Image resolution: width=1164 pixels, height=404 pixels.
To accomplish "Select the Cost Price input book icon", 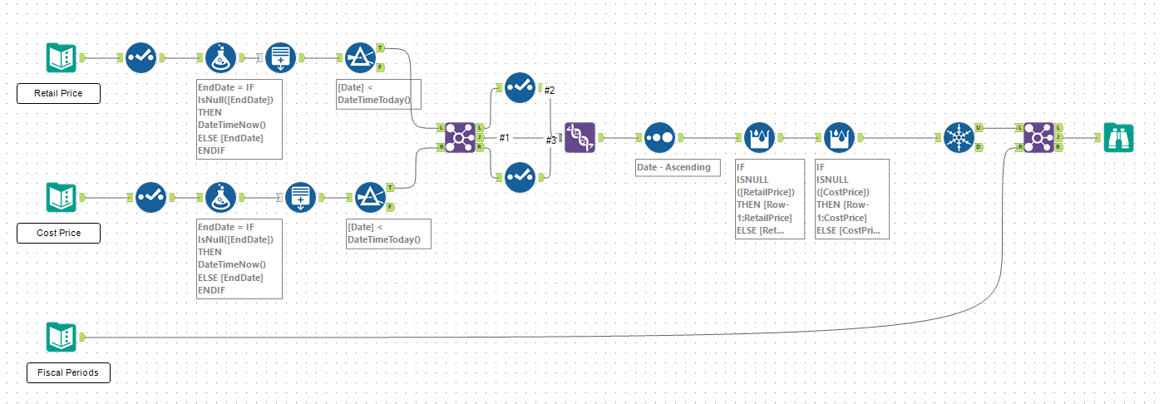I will coord(62,197).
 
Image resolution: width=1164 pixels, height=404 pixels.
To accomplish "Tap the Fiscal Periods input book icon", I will coord(62,337).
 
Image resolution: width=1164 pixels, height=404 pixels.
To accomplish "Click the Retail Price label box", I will coord(58,93).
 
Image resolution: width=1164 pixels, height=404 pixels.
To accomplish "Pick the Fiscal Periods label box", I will coord(67,372).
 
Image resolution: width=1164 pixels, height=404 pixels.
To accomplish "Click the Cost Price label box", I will coord(58,233).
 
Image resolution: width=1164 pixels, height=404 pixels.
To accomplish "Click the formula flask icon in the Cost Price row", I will coord(220,197).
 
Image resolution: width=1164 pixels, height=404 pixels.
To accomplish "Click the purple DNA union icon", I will coord(580,137).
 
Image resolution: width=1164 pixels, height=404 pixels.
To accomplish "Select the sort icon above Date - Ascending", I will coord(659,137).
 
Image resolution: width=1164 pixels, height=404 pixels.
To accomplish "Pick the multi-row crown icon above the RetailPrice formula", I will coord(759,137).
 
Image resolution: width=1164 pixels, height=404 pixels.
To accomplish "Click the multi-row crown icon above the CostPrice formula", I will coord(839,137).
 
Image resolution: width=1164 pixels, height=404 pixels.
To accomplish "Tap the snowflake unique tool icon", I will coord(959,137).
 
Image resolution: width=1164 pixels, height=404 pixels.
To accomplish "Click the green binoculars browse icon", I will coord(1118,137).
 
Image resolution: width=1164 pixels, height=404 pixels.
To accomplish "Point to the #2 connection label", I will coord(550,90).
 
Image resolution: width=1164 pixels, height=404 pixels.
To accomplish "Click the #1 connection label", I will coord(504,137).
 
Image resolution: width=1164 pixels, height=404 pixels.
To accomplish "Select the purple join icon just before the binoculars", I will coord(1038,137).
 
